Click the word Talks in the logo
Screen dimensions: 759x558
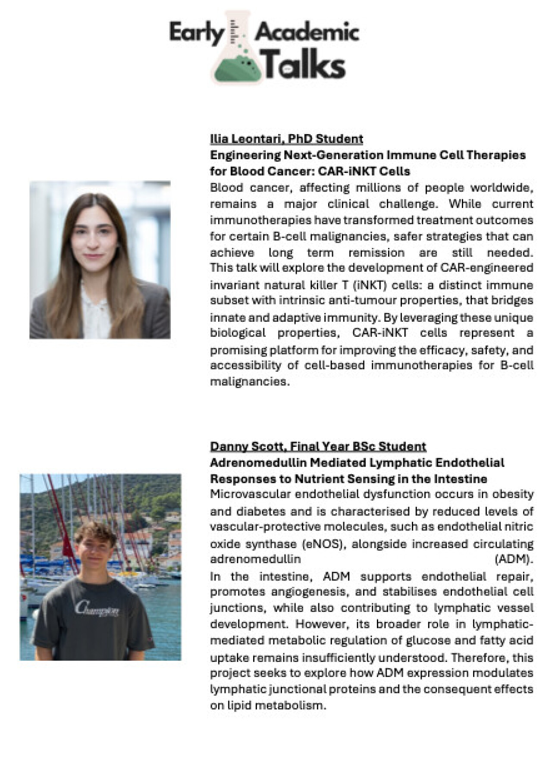pyautogui.click(x=304, y=65)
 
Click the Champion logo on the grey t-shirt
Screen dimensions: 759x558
pyautogui.click(x=97, y=609)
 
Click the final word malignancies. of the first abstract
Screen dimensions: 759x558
pyautogui.click(x=249, y=382)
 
